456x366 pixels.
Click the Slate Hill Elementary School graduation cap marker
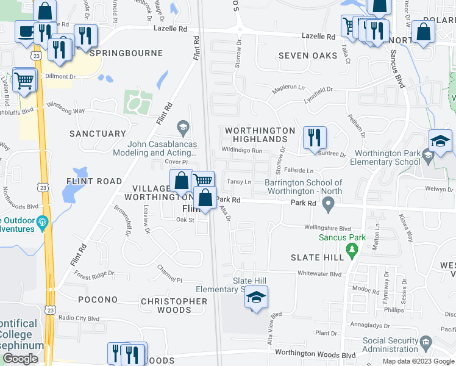click(x=257, y=298)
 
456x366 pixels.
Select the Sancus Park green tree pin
click(x=351, y=249)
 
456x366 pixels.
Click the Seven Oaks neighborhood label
click(x=308, y=56)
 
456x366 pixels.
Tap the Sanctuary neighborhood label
click(x=98, y=133)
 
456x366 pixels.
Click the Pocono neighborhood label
click(x=98, y=300)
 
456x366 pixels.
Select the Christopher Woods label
click(x=174, y=306)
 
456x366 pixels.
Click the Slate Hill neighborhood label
click(x=317, y=257)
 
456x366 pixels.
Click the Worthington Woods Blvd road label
click(x=315, y=354)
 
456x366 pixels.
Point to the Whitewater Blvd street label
click(x=319, y=274)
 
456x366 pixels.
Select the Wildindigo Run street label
click(x=242, y=150)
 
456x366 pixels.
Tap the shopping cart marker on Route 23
click(x=24, y=79)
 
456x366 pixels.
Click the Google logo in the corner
click(x=21, y=359)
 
